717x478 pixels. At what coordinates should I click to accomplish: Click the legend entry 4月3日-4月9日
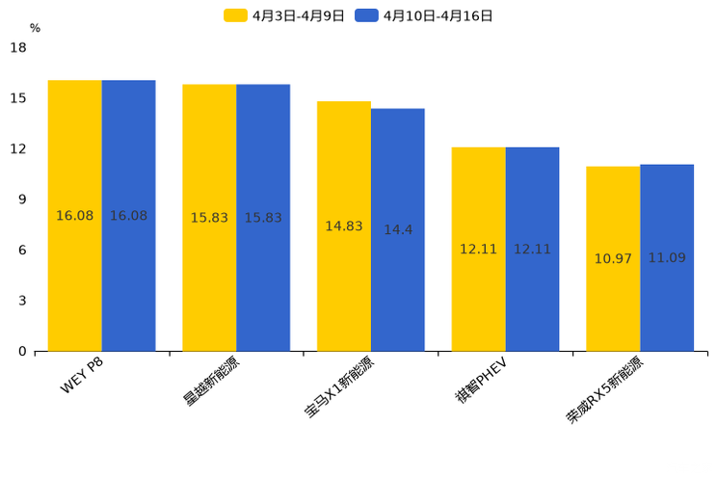coord(285,15)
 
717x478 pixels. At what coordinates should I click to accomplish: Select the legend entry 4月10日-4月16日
coord(425,15)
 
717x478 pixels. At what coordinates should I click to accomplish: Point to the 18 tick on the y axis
coord(18,47)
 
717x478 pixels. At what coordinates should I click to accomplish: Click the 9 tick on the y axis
coord(22,199)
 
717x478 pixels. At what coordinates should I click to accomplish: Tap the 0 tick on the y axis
coord(22,352)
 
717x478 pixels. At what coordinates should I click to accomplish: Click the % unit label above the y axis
coord(35,28)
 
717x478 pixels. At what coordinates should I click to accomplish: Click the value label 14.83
coord(344,226)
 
